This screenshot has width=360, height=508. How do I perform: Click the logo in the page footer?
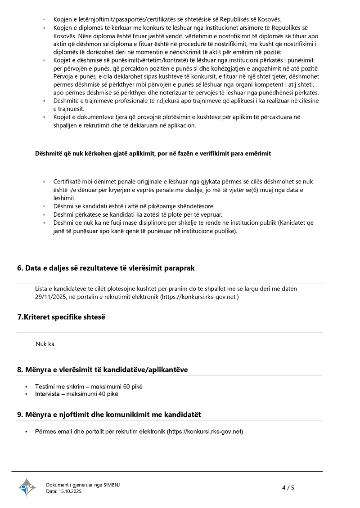[x=27, y=487]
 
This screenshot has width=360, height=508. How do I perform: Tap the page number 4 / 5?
[x=288, y=487]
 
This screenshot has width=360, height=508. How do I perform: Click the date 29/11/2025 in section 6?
[x=51, y=297]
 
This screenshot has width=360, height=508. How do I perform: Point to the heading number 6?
[x=20, y=268]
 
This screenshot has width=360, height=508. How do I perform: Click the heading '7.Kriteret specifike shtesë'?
[x=61, y=317]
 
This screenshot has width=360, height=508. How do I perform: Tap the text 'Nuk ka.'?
[x=45, y=344]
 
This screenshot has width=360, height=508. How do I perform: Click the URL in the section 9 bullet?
[x=205, y=432]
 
